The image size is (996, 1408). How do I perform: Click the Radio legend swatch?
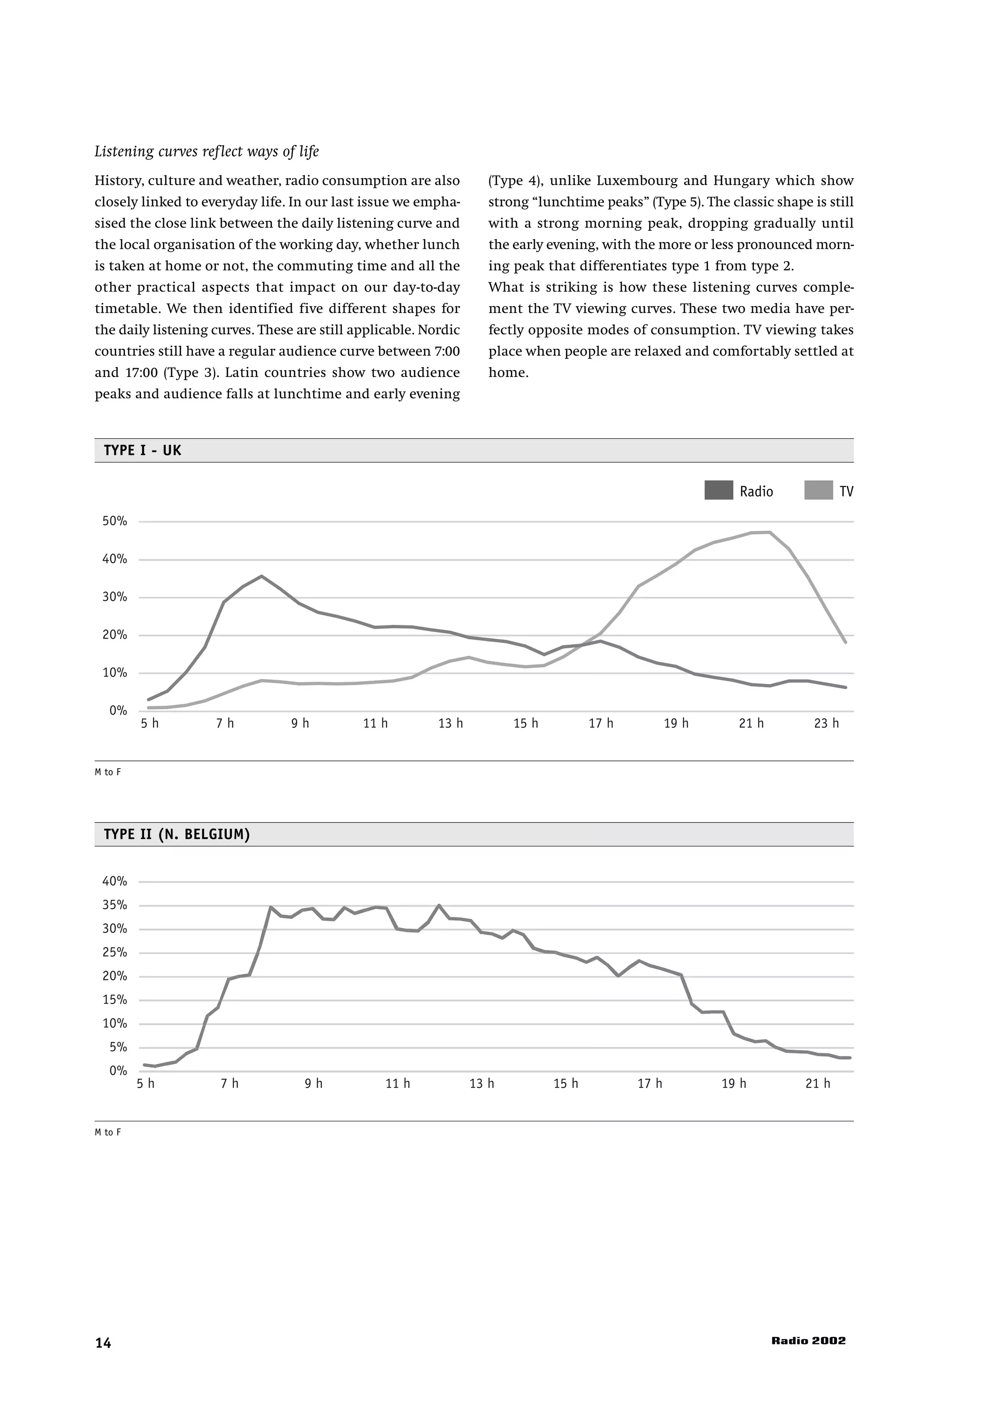[x=719, y=491]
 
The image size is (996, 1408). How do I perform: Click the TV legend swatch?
[x=818, y=491]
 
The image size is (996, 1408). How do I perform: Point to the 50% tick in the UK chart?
[x=115, y=521]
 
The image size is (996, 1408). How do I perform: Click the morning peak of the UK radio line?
[x=262, y=576]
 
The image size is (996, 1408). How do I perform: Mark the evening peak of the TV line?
[x=769, y=532]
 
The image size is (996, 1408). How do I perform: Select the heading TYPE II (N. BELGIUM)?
[x=177, y=835]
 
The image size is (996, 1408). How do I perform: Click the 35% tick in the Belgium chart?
[x=115, y=905]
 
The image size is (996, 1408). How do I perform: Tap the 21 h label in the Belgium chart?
[x=818, y=1083]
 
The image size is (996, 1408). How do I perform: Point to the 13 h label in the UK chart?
[x=450, y=723]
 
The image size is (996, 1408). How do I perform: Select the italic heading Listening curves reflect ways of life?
[x=207, y=152]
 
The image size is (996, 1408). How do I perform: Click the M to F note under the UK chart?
[x=108, y=772]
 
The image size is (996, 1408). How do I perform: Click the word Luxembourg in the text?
[x=635, y=181]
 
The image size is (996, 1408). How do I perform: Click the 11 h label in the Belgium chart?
[x=398, y=1083]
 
